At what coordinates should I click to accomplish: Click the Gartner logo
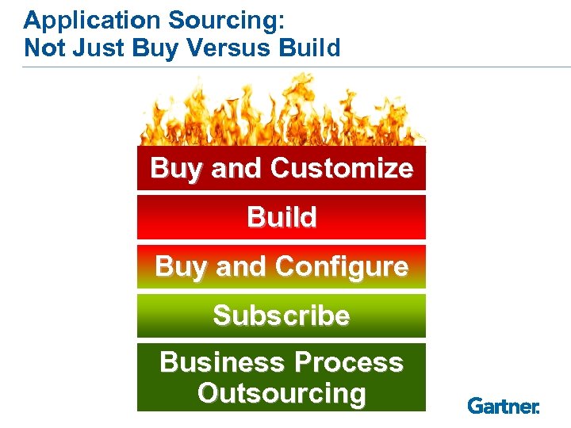503,406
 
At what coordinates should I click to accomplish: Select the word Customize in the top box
341,168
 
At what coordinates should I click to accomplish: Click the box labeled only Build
282,217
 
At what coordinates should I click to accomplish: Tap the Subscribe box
282,315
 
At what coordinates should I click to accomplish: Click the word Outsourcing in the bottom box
282,393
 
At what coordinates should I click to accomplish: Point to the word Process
349,363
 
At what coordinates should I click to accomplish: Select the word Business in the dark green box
223,363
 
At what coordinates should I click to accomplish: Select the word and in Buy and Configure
241,267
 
